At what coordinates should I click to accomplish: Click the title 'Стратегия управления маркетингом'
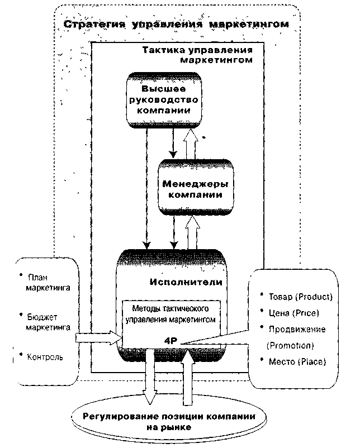coord(176,25)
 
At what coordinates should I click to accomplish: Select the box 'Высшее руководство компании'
coord(163,99)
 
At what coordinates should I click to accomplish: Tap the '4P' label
coord(170,340)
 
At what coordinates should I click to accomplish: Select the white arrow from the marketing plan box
coord(98,338)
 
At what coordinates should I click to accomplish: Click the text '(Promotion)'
coord(291,345)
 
